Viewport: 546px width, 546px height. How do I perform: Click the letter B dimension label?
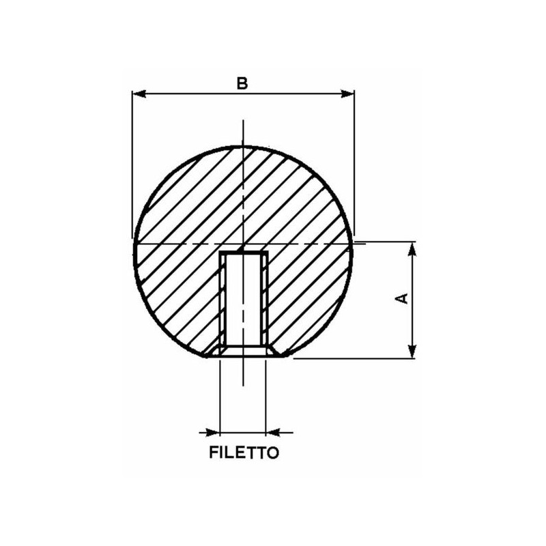[x=242, y=83]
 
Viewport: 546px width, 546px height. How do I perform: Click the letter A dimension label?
[x=403, y=299]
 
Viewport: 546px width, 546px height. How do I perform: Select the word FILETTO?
[x=244, y=452]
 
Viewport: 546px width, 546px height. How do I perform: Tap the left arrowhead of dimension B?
[x=139, y=94]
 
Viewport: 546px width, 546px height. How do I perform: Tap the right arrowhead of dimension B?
[x=347, y=94]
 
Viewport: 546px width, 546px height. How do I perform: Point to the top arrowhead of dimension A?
[x=412, y=249]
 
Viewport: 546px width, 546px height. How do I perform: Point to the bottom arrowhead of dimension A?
[x=412, y=351]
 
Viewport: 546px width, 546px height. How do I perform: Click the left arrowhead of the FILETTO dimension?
[x=213, y=433]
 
